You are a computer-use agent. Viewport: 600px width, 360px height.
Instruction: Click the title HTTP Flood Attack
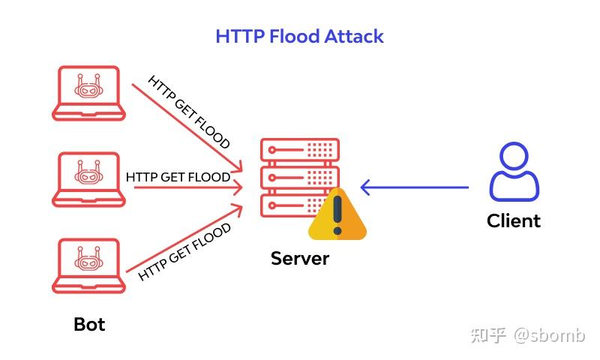pos(299,36)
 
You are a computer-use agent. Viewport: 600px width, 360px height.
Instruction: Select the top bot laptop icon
pos(89,93)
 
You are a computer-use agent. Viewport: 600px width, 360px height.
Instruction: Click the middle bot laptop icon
pos(89,179)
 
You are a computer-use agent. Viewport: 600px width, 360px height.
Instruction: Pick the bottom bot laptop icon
pos(89,266)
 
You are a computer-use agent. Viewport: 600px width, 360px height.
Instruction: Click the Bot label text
pos(89,324)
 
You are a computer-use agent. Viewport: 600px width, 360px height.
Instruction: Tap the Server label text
pos(299,259)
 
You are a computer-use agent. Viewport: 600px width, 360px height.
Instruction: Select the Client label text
pos(513,220)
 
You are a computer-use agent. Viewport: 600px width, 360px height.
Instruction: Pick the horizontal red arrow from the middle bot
pos(187,187)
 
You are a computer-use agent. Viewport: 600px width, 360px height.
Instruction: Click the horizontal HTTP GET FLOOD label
pos(178,177)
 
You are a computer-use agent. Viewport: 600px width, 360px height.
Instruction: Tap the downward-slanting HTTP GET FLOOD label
pos(189,112)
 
